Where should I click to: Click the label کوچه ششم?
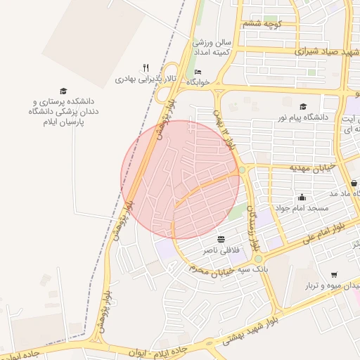(x=262, y=24)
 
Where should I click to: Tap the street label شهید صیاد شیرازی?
(x=307, y=51)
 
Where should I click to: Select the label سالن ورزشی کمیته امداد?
(x=218, y=48)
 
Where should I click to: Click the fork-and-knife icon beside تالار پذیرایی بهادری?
(x=146, y=68)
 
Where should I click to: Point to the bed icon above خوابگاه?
(x=198, y=72)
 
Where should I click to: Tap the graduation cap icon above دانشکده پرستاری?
(x=63, y=91)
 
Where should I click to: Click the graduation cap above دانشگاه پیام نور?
(x=303, y=106)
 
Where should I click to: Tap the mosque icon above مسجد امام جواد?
(x=302, y=198)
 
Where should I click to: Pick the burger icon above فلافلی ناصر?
(x=221, y=239)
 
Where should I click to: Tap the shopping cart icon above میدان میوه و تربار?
(x=333, y=275)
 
